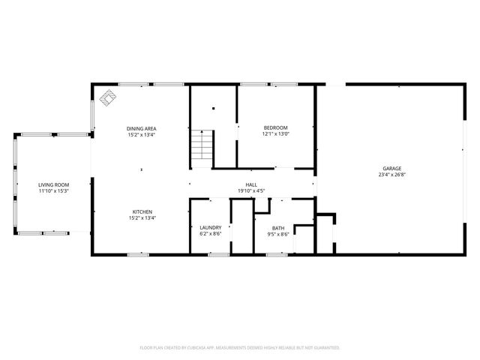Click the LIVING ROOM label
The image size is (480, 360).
54,184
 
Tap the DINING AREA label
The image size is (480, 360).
141,129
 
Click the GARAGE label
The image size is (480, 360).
391,169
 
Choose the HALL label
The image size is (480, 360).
251,184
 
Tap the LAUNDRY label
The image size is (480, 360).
210,228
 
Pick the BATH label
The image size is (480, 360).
278,228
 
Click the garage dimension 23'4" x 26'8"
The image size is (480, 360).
391,175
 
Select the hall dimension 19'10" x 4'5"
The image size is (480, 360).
251,190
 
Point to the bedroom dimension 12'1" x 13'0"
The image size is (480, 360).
275,135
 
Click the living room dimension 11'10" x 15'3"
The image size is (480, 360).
54,190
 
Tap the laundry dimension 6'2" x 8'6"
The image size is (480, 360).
210,234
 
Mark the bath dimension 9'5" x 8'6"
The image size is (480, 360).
278,234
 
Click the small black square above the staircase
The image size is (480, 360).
213,109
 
